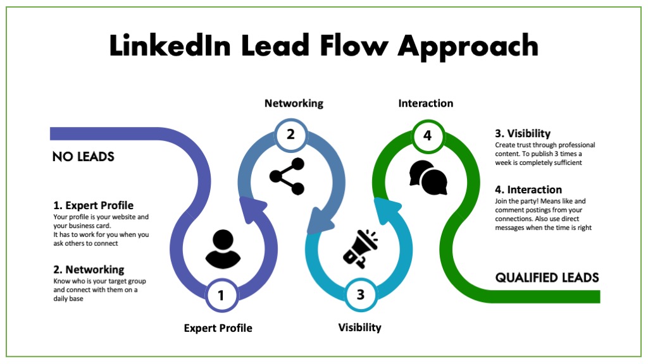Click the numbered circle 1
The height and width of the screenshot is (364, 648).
221,294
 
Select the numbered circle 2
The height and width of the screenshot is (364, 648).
290,134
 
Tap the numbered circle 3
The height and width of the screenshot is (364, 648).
360,294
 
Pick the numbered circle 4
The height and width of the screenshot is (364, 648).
427,134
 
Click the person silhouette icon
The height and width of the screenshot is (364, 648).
223,249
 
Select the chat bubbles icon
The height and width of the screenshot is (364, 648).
428,178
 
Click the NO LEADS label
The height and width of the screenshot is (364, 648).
83,157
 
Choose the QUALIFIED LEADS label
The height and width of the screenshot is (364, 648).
547,277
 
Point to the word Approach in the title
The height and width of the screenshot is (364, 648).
468,46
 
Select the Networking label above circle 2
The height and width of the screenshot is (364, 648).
294,103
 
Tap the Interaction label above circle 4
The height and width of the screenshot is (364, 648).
425,103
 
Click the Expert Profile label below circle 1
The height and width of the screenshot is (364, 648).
218,328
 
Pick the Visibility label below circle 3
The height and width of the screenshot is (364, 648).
359,327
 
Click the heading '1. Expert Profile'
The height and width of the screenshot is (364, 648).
93,205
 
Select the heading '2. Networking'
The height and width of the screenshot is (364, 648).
89,270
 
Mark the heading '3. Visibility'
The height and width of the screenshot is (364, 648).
523,134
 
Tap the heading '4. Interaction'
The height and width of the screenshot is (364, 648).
528,190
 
